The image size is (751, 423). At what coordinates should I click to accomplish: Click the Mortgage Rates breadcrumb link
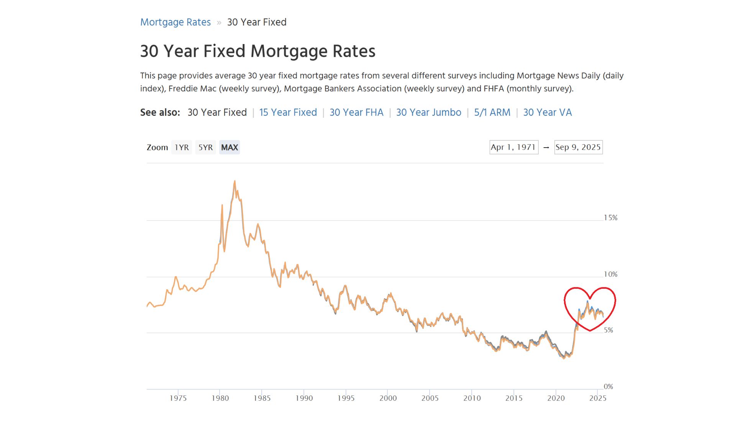(x=175, y=22)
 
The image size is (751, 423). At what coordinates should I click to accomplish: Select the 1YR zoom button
(x=182, y=147)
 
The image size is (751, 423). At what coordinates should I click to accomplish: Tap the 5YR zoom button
(x=205, y=147)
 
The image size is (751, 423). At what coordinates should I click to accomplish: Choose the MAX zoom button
(x=230, y=147)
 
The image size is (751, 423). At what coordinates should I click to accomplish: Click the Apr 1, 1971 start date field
(x=513, y=147)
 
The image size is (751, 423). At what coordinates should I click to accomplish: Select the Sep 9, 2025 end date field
(x=578, y=147)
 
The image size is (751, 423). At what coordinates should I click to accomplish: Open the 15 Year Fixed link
(x=288, y=112)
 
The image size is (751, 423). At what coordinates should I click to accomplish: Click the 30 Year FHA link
(x=356, y=112)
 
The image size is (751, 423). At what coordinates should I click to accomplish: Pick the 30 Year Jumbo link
(x=428, y=112)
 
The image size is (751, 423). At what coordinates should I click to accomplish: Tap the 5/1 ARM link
(x=492, y=112)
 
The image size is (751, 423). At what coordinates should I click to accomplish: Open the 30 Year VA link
(x=547, y=112)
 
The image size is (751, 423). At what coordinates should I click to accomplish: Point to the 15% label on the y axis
(x=610, y=218)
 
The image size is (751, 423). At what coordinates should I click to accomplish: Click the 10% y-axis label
(x=610, y=274)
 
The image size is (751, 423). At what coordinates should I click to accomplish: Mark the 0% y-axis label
(x=608, y=387)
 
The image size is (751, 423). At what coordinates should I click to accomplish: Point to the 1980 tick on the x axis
(x=220, y=398)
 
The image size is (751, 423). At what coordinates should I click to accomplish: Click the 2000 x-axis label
(x=388, y=398)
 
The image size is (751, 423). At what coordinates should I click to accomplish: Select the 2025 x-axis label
(x=598, y=398)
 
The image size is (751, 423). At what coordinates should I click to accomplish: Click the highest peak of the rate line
(x=234, y=181)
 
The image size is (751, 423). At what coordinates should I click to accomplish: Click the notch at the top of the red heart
(x=590, y=298)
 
